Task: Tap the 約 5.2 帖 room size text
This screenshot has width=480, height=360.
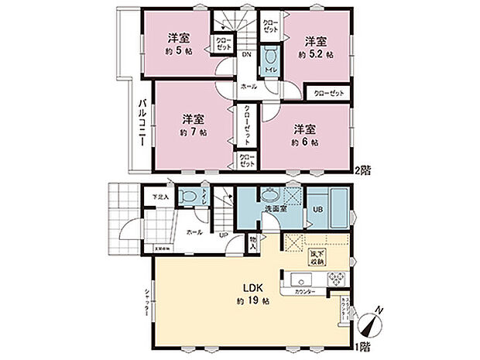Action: pyautogui.click(x=317, y=55)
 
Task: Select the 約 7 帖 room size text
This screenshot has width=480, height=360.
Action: pyautogui.click(x=194, y=132)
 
